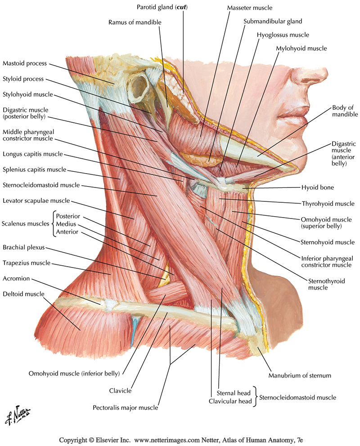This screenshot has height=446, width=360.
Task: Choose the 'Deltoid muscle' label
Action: coord(23,294)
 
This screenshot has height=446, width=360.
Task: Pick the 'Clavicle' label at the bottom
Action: coord(120,391)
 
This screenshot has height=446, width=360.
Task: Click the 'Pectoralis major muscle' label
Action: coord(126,408)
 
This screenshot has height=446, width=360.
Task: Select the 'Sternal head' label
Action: coord(234,393)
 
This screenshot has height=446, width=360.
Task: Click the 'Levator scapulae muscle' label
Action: coord(36,201)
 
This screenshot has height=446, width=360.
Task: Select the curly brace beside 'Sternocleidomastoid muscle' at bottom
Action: coord(255,397)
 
